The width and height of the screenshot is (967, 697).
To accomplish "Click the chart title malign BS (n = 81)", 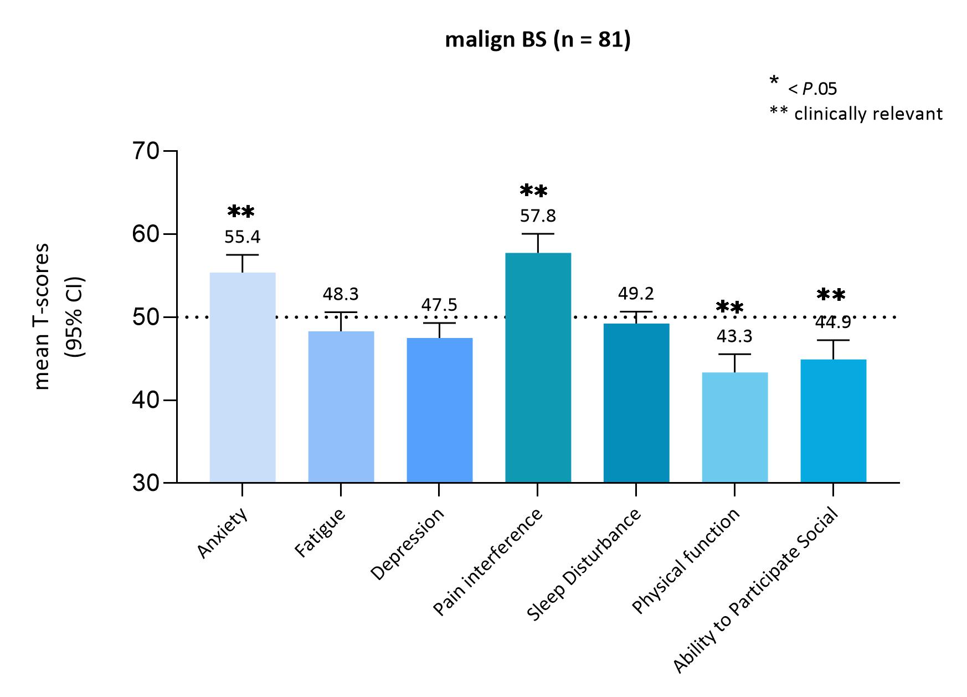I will click(x=537, y=40).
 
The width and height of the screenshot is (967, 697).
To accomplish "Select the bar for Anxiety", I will click(x=243, y=377).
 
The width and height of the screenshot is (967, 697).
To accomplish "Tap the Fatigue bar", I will click(x=341, y=406).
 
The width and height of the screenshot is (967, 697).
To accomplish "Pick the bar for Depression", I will click(x=439, y=409).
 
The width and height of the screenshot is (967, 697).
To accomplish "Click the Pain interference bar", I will click(x=538, y=367).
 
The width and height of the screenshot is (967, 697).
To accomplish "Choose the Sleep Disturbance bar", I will click(x=636, y=402).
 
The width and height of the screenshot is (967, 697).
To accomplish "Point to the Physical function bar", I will click(x=734, y=427).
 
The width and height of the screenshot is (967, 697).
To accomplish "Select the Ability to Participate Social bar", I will click(x=833, y=421).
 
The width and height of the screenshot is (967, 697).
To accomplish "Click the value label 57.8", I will click(x=538, y=216).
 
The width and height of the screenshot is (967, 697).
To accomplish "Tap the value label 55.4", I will click(x=243, y=237).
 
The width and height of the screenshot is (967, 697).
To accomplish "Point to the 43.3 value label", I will click(x=734, y=337).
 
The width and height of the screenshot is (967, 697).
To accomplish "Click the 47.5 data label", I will click(x=439, y=305).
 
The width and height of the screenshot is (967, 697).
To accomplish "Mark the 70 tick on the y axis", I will click(x=145, y=151).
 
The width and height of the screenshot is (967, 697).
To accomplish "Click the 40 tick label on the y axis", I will click(x=145, y=400).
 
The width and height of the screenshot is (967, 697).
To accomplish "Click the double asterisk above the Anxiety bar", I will click(x=241, y=212).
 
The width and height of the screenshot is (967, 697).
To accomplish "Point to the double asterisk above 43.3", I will click(x=729, y=307).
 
